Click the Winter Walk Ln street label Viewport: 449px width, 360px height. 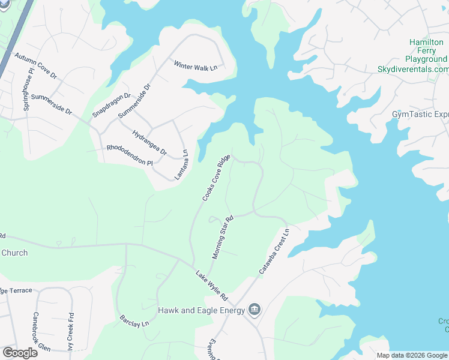pos(195,67)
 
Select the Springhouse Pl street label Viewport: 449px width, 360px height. pos(28,91)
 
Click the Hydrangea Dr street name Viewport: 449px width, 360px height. pos(149,143)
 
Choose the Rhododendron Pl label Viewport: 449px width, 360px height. pos(130,155)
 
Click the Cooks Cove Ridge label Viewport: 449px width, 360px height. pos(216,178)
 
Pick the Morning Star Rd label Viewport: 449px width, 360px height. pos(221,238)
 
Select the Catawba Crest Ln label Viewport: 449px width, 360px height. pos(274,251)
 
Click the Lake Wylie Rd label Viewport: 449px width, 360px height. pos(212,286)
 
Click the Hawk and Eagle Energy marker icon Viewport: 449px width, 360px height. pos(255,310)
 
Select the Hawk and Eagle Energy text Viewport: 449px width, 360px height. pos(201,310)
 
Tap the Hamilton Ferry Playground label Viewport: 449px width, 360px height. pos(428,51)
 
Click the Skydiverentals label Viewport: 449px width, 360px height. pos(413,70)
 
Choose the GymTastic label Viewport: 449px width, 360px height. pos(420,114)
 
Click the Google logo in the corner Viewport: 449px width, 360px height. pos(20,352)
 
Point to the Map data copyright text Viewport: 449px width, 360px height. pos(412,355)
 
